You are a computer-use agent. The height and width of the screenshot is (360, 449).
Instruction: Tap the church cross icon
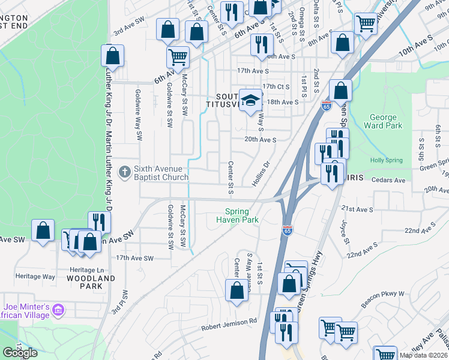(x=125, y=173)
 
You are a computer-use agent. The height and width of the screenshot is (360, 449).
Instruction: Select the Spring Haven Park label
(x=241, y=215)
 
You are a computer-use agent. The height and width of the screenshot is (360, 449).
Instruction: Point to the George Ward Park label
(x=383, y=122)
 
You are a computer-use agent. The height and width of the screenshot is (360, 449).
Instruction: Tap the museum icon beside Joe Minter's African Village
(x=58, y=310)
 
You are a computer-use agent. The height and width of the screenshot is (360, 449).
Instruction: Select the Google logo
(x=20, y=353)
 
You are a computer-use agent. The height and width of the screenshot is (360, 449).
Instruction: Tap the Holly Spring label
(x=385, y=160)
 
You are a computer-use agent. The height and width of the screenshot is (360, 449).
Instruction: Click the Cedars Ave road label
(x=389, y=180)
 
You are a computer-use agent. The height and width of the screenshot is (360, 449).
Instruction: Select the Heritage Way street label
(x=35, y=277)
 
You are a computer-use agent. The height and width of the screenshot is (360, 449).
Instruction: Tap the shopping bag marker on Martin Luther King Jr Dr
(x=112, y=56)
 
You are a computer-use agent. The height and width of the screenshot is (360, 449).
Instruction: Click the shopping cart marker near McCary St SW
(x=178, y=58)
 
